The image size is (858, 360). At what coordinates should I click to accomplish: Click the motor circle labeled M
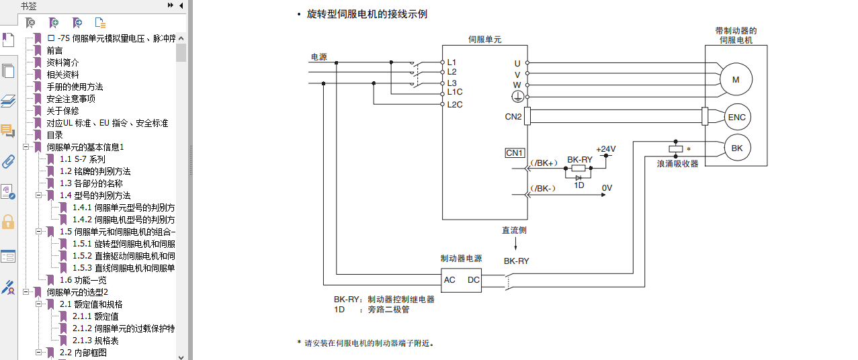click(735, 80)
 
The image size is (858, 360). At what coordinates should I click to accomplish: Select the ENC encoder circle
click(736, 118)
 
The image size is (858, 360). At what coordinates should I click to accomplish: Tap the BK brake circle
click(736, 148)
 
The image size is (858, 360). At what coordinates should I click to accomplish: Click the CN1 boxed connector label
click(515, 153)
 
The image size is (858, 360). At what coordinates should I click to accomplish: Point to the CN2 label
click(513, 117)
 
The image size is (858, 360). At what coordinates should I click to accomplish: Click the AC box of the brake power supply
click(450, 280)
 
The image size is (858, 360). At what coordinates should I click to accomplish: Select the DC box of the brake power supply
click(474, 280)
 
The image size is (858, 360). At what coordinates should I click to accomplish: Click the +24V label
click(605, 149)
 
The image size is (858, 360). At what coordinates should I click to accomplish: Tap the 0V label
click(607, 188)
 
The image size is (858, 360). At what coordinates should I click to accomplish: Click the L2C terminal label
click(454, 104)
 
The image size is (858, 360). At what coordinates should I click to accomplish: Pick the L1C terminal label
click(454, 92)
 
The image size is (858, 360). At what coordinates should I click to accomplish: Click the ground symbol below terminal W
click(517, 97)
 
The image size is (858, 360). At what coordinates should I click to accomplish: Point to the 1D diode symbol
click(578, 177)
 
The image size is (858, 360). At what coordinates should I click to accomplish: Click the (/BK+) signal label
click(544, 163)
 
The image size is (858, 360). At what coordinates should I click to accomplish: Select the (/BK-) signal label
click(543, 188)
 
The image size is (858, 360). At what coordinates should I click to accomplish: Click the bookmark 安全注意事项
click(71, 99)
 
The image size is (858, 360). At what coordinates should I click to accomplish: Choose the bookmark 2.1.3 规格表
click(96, 341)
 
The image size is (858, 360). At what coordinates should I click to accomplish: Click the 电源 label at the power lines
click(318, 56)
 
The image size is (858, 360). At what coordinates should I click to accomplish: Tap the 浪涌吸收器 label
click(677, 163)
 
